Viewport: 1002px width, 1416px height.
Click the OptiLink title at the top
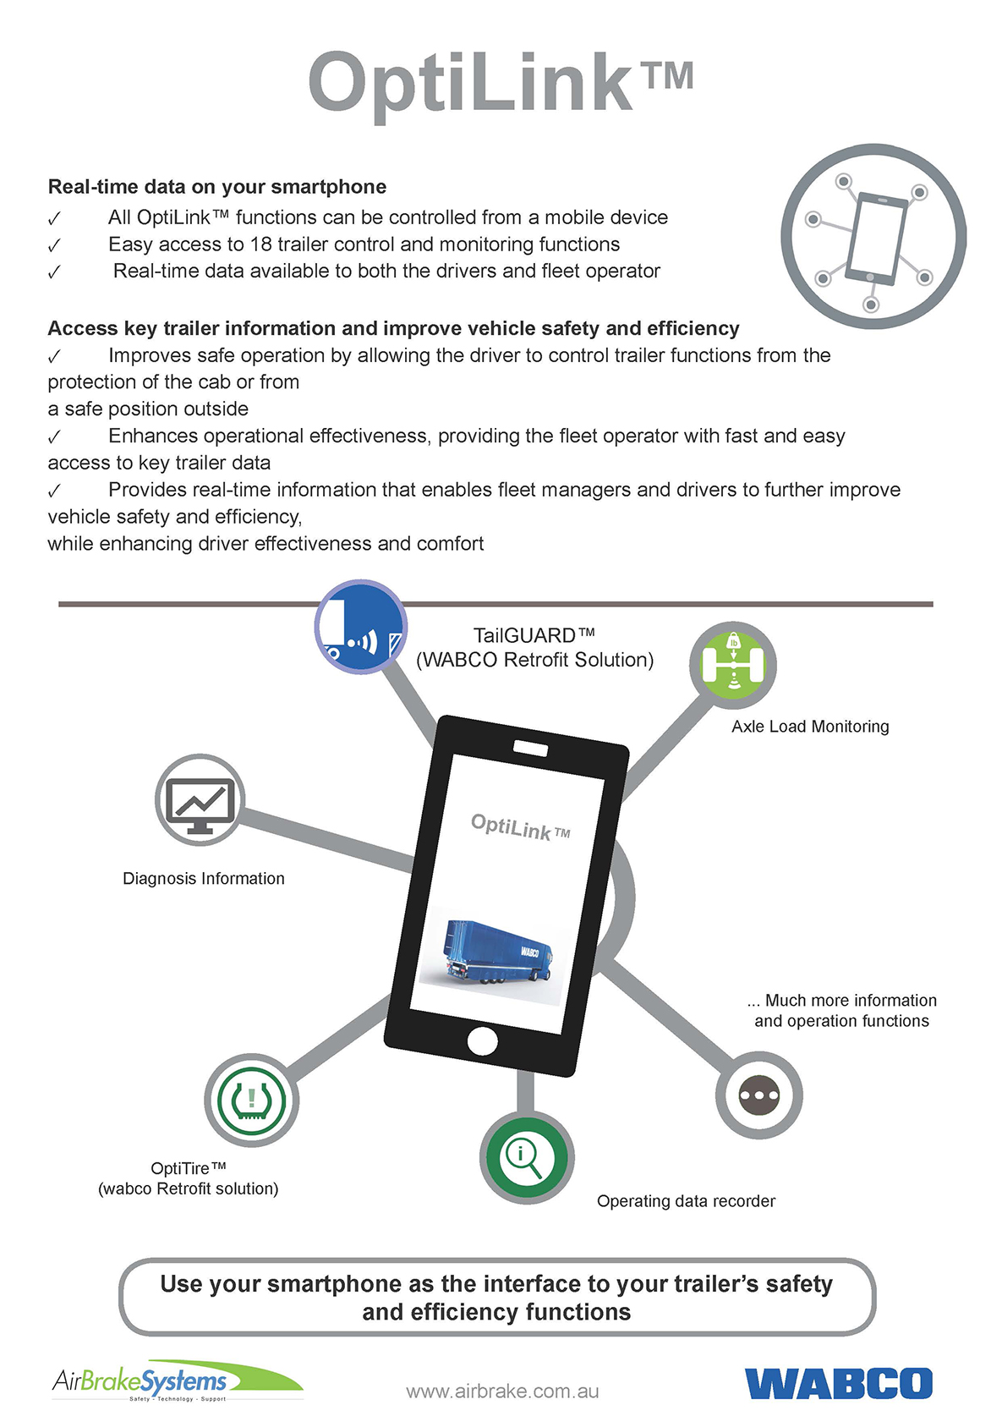point(501,85)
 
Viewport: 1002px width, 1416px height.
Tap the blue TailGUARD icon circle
point(361,626)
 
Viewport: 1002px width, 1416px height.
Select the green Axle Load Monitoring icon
point(733,665)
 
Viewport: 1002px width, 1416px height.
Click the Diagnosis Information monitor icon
point(200,799)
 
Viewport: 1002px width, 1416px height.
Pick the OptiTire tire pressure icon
point(251,1100)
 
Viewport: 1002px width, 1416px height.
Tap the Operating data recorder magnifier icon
point(527,1157)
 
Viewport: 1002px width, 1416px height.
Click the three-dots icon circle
point(758,1095)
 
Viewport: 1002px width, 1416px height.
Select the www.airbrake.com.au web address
point(502,1391)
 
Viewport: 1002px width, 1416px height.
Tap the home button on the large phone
point(482,1041)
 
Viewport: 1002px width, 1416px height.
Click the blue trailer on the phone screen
point(497,953)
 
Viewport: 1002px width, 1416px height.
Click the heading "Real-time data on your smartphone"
point(217,186)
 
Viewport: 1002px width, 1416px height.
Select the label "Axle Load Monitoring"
point(810,727)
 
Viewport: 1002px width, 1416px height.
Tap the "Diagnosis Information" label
point(204,878)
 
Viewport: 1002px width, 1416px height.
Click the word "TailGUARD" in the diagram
point(524,634)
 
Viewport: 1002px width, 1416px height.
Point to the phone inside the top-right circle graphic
point(876,239)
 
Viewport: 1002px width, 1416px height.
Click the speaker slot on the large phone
point(531,749)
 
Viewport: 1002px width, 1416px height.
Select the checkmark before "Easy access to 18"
point(54,244)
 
